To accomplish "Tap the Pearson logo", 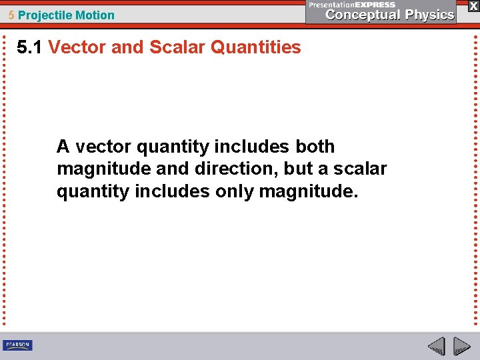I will (x=17, y=345).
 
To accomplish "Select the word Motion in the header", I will (x=93, y=15).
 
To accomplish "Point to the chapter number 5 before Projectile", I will (x=12, y=15).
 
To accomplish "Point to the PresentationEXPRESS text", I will (x=352, y=5).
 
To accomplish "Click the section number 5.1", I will (x=30, y=47).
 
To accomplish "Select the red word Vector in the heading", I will (x=73, y=47).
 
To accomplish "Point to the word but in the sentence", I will (x=298, y=169).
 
